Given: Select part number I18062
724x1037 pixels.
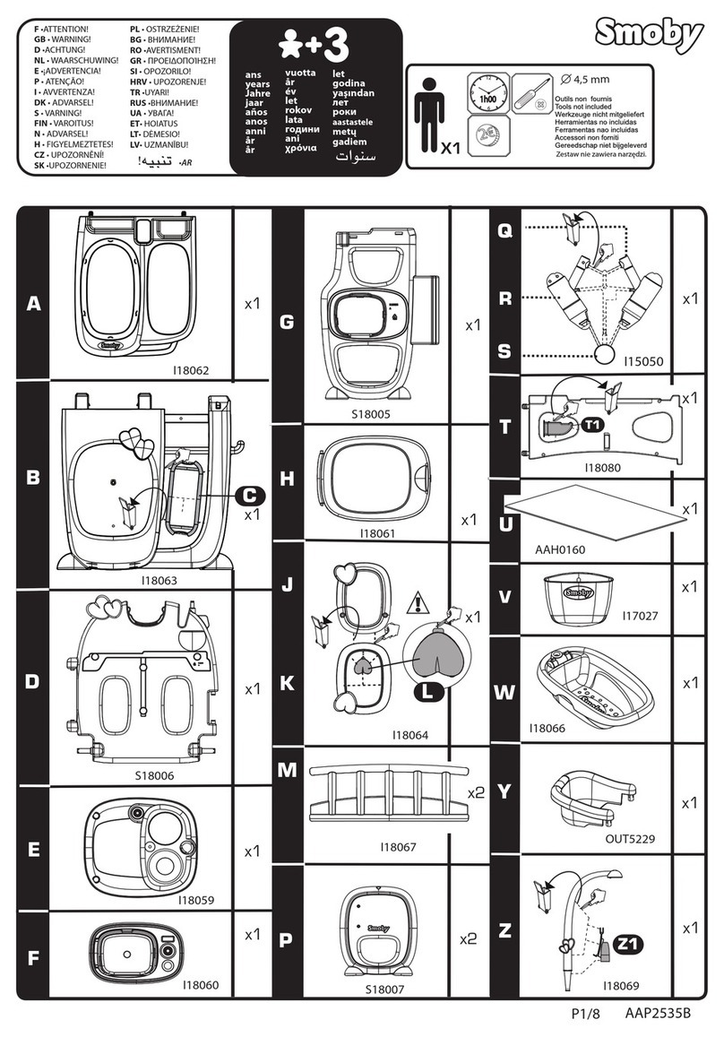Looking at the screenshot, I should (x=191, y=368).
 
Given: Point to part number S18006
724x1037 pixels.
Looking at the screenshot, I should (x=155, y=774).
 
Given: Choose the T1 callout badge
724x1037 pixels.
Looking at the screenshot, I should (x=593, y=424).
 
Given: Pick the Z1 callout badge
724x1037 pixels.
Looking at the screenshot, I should (x=630, y=944).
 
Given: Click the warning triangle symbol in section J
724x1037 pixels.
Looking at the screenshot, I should (x=418, y=603).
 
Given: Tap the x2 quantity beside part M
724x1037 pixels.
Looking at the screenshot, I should (x=475, y=791).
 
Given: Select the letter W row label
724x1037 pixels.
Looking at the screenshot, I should (x=504, y=692).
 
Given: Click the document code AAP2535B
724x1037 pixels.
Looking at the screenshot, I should (x=658, y=1014).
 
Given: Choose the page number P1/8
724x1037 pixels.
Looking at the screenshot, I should (x=586, y=1014).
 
